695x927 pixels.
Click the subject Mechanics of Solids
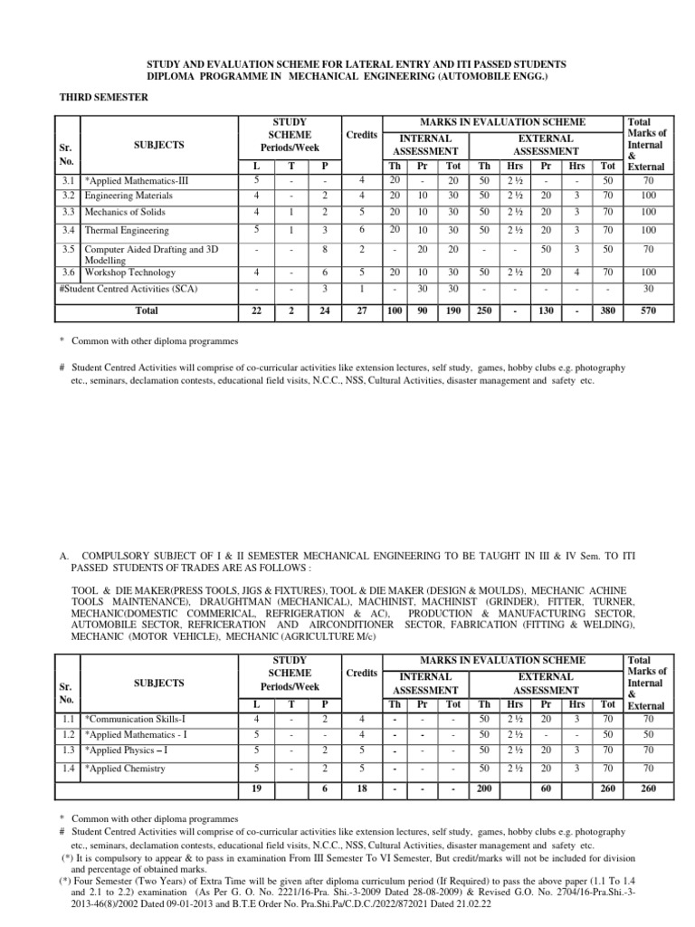coord(121,212)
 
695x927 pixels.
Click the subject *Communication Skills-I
coord(135,719)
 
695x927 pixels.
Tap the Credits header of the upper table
coord(361,134)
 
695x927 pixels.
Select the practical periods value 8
coord(323,251)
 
